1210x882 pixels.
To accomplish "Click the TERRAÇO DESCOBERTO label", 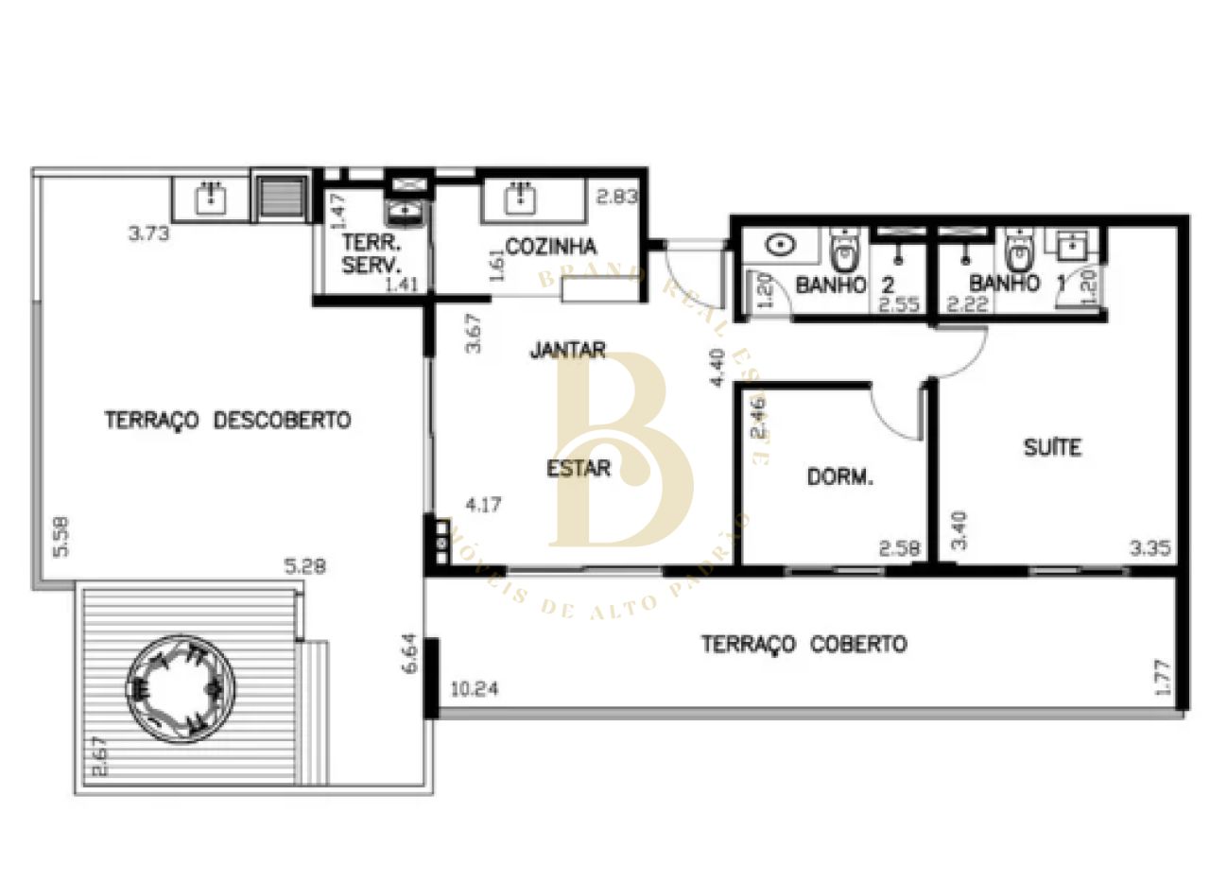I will tap(227, 420).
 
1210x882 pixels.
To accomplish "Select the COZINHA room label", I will tap(551, 247).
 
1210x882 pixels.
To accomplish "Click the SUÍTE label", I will tap(1052, 448).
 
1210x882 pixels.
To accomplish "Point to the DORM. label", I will tap(839, 477).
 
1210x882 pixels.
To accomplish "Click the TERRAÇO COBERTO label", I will tap(804, 645).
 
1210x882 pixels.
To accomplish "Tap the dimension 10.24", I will tap(475, 689).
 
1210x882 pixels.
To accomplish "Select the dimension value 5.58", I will tap(60, 537).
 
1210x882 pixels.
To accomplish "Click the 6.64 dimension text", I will tap(408, 652).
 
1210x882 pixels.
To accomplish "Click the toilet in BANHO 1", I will tap(1017, 251).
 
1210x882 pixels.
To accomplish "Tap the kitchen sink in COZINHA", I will tap(518, 199).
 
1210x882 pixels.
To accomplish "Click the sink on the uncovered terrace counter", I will tap(210, 199).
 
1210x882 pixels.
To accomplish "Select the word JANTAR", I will tap(567, 350).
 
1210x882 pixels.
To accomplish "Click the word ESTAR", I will tap(579, 468).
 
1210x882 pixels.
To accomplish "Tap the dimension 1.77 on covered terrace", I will tap(1163, 678).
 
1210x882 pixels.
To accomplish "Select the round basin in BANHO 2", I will tap(781, 246).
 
